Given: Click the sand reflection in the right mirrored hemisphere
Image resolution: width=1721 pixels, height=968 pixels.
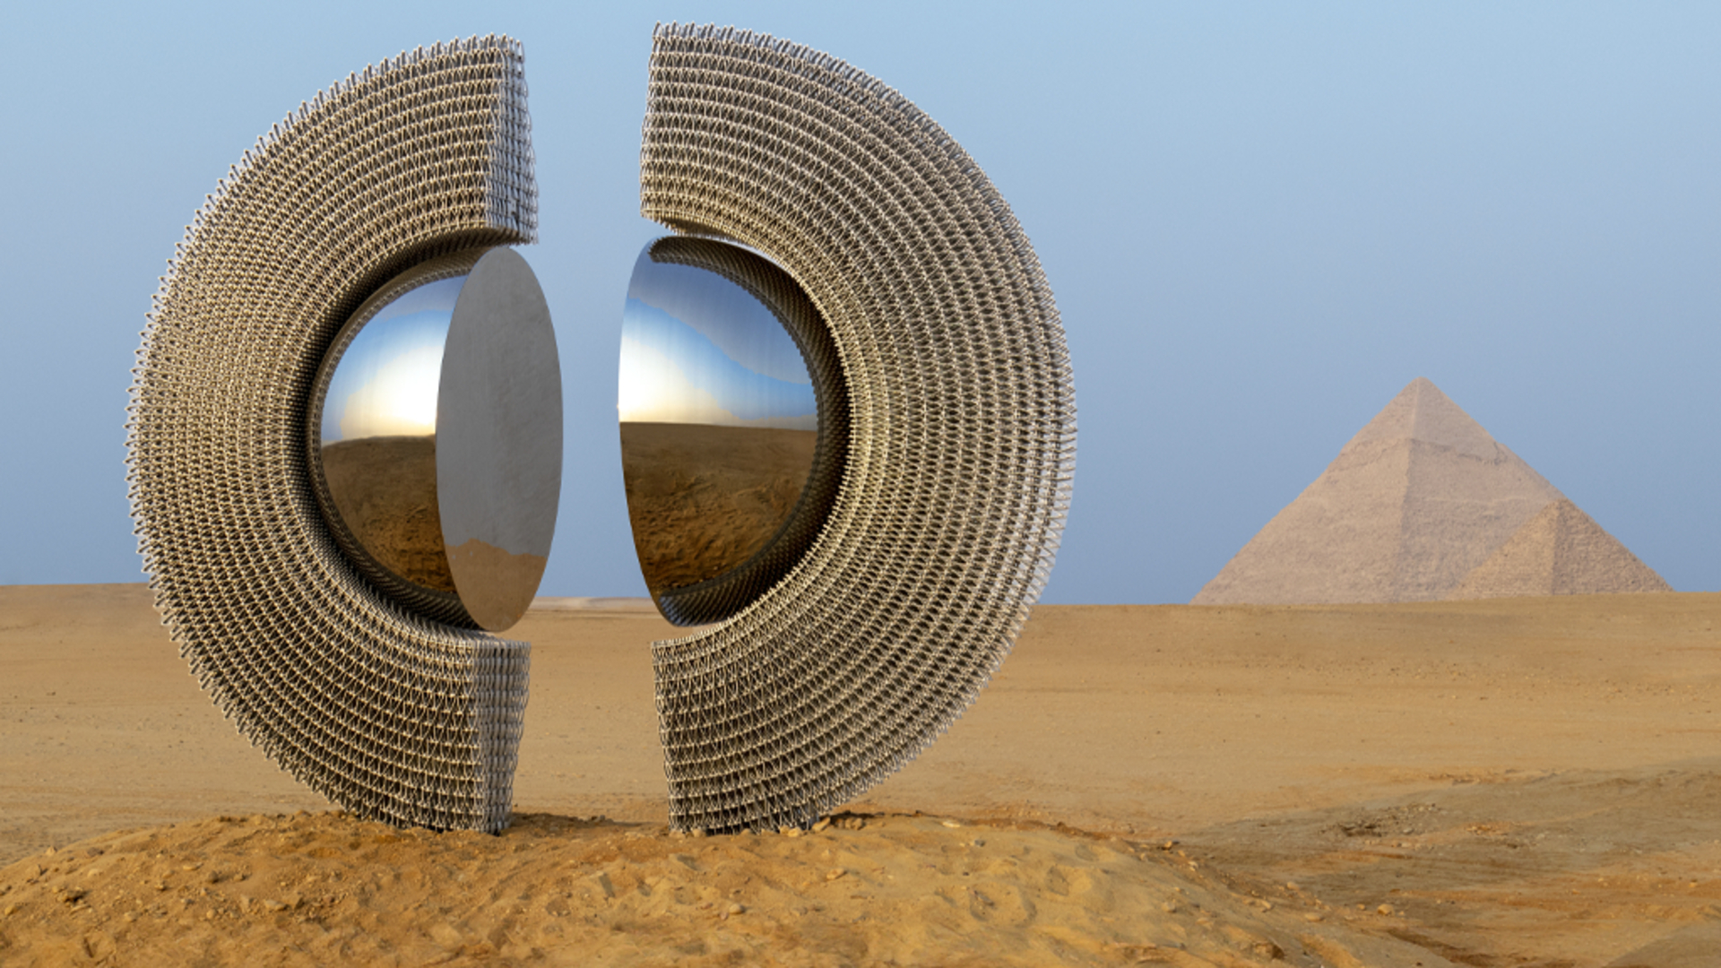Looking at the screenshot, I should coord(708,502).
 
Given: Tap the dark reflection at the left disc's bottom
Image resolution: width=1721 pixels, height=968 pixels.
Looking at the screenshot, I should coord(497,592).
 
